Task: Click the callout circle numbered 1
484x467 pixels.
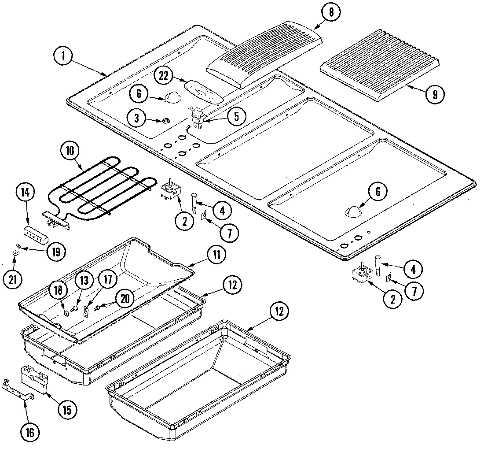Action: click(64, 57)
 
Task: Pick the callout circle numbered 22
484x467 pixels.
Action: click(164, 76)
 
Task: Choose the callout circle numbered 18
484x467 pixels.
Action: click(60, 290)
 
